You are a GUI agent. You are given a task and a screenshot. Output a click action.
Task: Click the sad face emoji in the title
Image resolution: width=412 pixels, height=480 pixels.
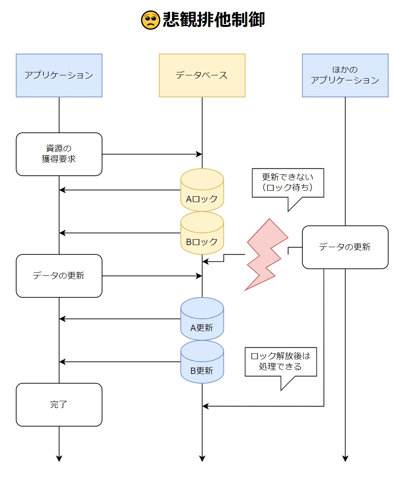coord(150,20)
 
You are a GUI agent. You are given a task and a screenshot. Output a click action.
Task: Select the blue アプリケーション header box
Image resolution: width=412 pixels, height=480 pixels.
coord(59,75)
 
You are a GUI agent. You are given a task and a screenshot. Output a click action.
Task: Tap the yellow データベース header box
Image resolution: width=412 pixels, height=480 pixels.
coord(202,75)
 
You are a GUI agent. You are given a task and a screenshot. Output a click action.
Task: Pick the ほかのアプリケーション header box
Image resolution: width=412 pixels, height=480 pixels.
coord(345,75)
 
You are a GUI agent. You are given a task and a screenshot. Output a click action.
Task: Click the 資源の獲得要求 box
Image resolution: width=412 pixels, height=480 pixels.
coord(59,154)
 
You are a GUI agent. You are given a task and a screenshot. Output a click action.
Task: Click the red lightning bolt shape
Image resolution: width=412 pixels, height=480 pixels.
coord(265,255)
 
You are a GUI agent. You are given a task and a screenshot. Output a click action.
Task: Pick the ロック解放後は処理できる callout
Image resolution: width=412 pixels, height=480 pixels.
coord(281,362)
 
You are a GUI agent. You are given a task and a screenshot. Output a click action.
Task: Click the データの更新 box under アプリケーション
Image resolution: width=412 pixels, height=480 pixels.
coord(59,276)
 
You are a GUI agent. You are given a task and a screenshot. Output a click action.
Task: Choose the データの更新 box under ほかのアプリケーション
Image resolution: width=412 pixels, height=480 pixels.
coord(345,247)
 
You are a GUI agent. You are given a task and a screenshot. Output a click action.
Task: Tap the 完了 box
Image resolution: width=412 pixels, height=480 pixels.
coord(59,405)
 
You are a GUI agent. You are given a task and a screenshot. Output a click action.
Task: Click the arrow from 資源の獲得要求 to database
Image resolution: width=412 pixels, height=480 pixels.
coord(152,154)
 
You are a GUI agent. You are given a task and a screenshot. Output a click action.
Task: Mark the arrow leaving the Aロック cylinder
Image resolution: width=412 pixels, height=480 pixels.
coord(120,190)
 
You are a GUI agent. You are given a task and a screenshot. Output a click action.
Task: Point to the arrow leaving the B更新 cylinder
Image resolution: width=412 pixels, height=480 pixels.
coord(120,362)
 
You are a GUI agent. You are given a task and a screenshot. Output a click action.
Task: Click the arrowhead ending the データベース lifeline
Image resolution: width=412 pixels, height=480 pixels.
coord(202,459)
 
